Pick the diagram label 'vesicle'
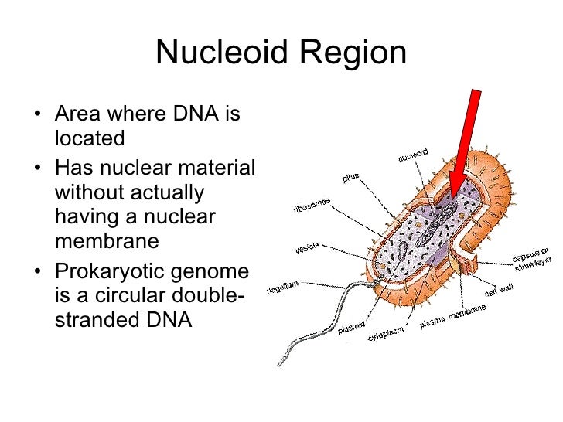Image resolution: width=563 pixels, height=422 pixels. tap(308, 249)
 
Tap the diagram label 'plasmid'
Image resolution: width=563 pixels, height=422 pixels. tap(351, 328)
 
